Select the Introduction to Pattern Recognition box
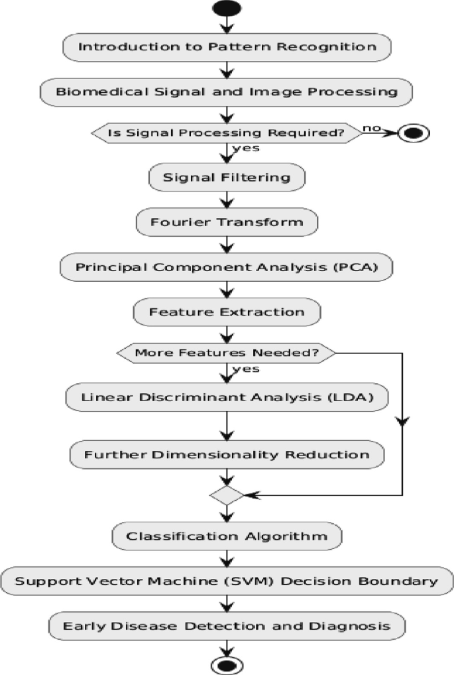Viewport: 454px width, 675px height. [227, 47]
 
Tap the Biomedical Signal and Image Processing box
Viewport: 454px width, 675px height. [227, 92]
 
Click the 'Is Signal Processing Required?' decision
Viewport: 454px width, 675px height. [227, 133]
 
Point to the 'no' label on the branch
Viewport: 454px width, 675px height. [372, 127]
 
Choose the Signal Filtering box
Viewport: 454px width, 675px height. [227, 178]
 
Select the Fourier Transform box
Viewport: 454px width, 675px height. [227, 222]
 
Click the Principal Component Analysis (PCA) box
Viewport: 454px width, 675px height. [227, 267]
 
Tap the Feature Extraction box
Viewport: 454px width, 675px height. [227, 312]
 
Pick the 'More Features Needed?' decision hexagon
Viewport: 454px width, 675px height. [227, 353]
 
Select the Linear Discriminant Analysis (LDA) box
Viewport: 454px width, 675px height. [227, 397]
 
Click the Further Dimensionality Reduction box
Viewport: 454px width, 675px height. [227, 455]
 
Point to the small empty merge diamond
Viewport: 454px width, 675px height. [227, 495]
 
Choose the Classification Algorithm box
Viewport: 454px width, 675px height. [227, 536]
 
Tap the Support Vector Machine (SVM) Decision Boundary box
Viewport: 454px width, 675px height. [227, 582]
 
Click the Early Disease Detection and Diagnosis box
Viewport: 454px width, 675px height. [227, 626]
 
